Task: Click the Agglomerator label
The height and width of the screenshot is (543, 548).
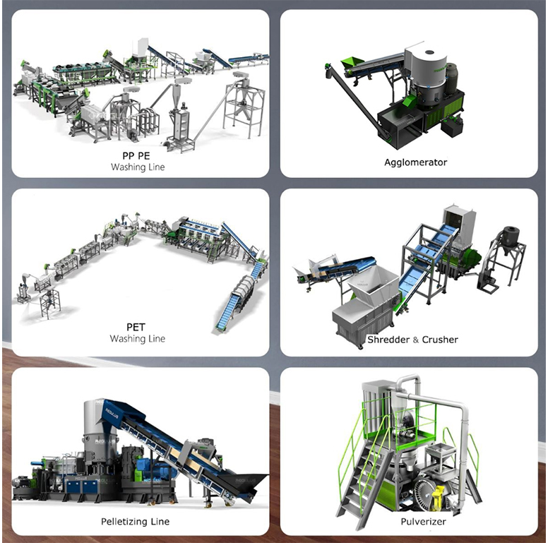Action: coord(415,162)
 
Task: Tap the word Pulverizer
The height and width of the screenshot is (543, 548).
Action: coord(423,522)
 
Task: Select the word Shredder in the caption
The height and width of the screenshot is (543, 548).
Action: coord(388,340)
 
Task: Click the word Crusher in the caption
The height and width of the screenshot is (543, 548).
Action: coord(440,340)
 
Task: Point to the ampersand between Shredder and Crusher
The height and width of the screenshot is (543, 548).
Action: coord(415,340)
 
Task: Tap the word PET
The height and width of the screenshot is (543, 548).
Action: coord(136,327)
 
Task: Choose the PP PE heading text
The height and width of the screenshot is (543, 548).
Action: coord(136,155)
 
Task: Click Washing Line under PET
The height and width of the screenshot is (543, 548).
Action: coord(137,339)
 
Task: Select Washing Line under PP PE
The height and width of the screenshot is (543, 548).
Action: coord(138,167)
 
